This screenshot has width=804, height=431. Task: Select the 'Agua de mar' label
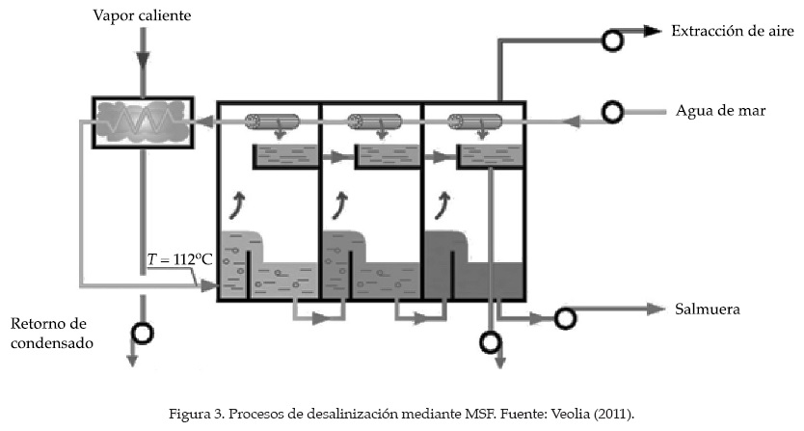[721, 110]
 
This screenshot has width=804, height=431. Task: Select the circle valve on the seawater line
[611, 113]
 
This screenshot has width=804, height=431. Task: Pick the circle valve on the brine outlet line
[565, 317]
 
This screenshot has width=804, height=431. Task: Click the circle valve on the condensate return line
[142, 333]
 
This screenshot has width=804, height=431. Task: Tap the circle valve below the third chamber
[492, 341]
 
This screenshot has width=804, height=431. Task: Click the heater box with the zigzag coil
[143, 121]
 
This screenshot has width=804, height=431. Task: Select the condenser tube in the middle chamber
[374, 122]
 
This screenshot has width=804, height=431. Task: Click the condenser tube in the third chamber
[473, 122]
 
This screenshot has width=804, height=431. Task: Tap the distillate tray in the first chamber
[284, 154]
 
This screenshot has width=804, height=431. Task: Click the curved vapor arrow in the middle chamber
[339, 203]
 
